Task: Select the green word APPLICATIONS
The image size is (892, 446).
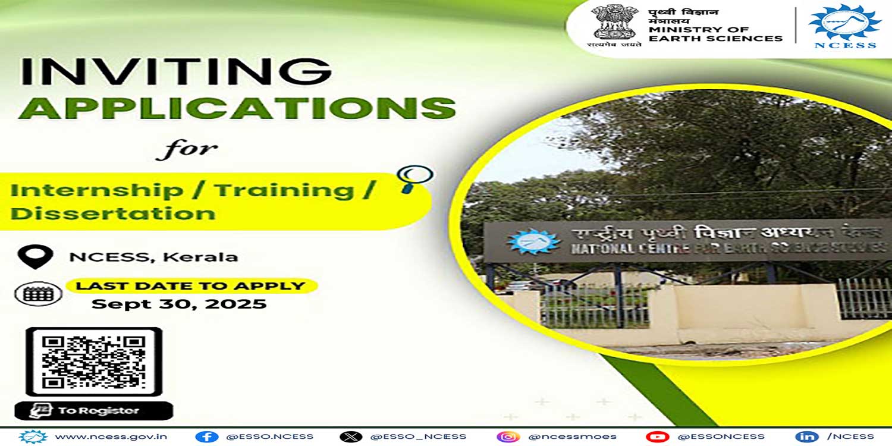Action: tap(237, 109)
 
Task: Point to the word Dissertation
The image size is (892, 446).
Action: tap(113, 213)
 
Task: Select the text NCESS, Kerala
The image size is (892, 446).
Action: tap(153, 257)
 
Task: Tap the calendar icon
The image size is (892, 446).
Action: tap(38, 293)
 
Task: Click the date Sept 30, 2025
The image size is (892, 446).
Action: tap(179, 304)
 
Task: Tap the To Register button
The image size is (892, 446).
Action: tap(94, 410)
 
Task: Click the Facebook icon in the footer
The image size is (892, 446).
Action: tap(206, 436)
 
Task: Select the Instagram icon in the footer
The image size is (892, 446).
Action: tap(508, 436)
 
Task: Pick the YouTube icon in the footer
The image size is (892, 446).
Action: tap(657, 436)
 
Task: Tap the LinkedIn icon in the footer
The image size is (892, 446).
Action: tap(806, 436)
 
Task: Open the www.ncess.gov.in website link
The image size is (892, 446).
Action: tap(111, 436)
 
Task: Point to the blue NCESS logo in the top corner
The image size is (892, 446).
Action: tap(844, 25)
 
